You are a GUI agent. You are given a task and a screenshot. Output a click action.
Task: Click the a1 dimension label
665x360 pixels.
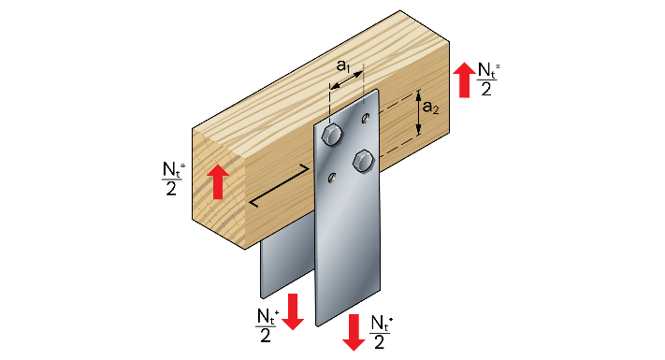[x=342, y=65]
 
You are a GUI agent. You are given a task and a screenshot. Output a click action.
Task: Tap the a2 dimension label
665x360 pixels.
[x=430, y=108]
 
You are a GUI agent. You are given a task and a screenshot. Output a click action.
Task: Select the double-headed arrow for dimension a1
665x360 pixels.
[x=346, y=80]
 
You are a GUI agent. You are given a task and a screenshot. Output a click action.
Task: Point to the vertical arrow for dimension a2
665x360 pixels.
[x=419, y=112]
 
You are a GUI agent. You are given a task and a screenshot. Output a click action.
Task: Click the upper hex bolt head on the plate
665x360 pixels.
[x=332, y=135]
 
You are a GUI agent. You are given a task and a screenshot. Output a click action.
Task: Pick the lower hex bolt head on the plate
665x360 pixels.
[x=364, y=161]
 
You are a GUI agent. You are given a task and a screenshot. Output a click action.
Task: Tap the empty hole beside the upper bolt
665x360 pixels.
[x=365, y=118]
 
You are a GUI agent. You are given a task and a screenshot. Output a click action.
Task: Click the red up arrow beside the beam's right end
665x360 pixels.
[x=465, y=79]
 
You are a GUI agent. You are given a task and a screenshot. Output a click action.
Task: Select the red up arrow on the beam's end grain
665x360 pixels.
[x=219, y=181]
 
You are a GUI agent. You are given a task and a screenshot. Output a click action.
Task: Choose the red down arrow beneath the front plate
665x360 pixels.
[x=354, y=332]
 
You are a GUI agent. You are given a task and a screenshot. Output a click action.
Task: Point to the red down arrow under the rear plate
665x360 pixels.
[x=293, y=311]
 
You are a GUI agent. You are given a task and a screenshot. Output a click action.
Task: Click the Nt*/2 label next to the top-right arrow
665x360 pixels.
[x=487, y=79]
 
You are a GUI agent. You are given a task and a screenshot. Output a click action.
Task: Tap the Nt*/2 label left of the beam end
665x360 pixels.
[x=173, y=179]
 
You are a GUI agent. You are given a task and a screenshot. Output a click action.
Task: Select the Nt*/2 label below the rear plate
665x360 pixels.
[x=267, y=324]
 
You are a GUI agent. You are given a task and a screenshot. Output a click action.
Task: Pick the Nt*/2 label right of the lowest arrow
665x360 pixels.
[x=381, y=332]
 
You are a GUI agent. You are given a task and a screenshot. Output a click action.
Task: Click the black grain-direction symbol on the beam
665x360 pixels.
[x=278, y=185]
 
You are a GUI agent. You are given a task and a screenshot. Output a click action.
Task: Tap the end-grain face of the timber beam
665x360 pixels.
[x=219, y=188]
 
